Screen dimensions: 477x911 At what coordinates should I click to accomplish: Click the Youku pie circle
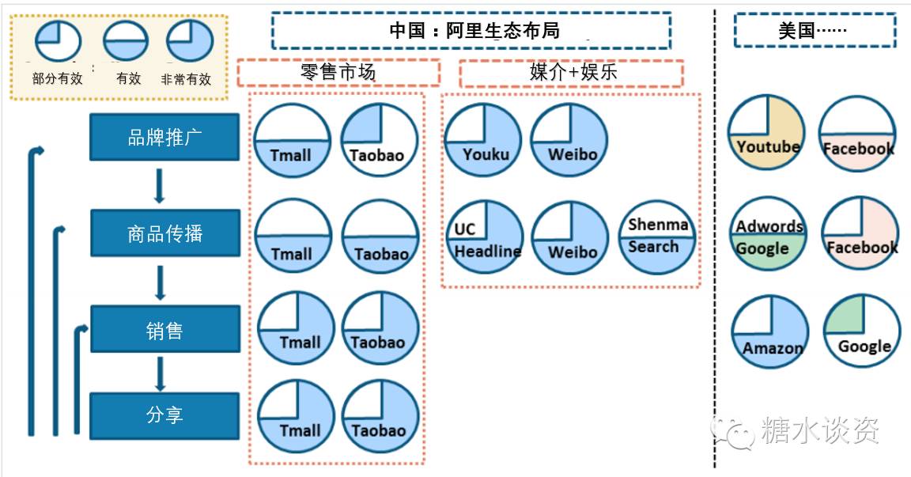click(482, 141)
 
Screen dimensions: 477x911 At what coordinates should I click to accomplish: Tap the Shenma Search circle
click(656, 236)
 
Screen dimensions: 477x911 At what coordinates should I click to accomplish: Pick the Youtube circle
click(766, 132)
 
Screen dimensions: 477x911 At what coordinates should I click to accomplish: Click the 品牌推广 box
click(164, 137)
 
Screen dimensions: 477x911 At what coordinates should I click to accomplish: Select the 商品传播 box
click(164, 233)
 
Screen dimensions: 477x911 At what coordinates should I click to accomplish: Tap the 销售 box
click(164, 329)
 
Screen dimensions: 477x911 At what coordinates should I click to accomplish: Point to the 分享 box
click(164, 416)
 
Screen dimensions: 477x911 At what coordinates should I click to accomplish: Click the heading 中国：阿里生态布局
click(471, 31)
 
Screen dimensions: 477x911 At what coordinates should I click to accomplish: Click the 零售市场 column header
click(338, 73)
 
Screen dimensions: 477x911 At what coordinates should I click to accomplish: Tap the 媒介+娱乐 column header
click(571, 73)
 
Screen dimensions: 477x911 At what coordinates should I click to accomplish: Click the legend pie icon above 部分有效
click(59, 41)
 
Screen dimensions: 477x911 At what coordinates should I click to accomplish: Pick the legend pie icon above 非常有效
click(190, 41)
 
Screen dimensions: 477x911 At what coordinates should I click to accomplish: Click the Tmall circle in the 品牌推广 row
click(291, 141)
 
